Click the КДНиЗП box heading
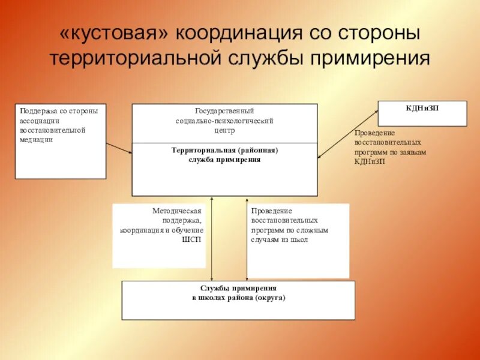click(422, 107)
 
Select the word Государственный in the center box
click(225, 112)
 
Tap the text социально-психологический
click(225, 121)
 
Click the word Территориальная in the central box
click(203, 151)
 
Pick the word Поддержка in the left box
click(38, 111)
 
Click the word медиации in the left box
click(36, 139)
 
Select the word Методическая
click(178, 212)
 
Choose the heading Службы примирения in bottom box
click(239, 289)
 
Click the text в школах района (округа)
click(239, 298)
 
